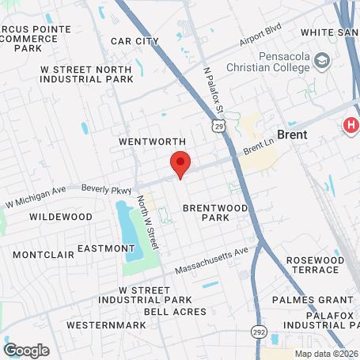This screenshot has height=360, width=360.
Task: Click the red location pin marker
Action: tap(180, 164)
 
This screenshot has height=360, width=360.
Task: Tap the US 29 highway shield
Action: tap(217, 126)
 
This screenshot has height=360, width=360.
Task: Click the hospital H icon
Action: tap(350, 125)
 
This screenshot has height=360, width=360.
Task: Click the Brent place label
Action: tap(292, 135)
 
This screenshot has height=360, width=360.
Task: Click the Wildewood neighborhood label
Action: tap(61, 216)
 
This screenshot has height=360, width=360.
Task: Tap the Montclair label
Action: tap(44, 255)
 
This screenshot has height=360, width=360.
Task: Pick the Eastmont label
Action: tap(106, 248)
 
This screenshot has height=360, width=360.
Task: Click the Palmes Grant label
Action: tap(312, 300)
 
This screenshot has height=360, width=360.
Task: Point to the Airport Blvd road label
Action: tap(260, 37)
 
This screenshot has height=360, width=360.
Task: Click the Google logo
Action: tap(26, 349)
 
